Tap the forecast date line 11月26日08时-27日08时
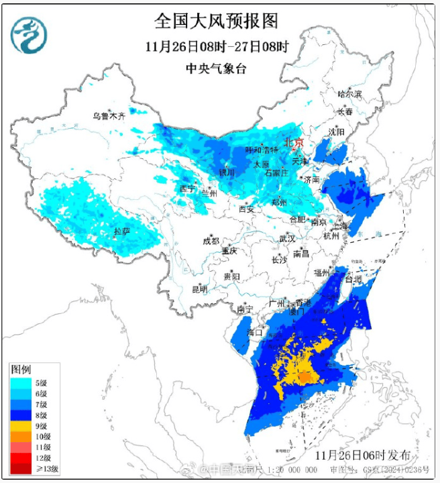[216, 47]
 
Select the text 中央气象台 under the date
[216, 68]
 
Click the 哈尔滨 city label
[349, 94]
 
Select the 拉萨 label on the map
[121, 231]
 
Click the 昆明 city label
[200, 289]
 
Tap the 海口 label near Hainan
[255, 331]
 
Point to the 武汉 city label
[287, 238]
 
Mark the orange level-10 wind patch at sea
[305, 378]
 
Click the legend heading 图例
[20, 370]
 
